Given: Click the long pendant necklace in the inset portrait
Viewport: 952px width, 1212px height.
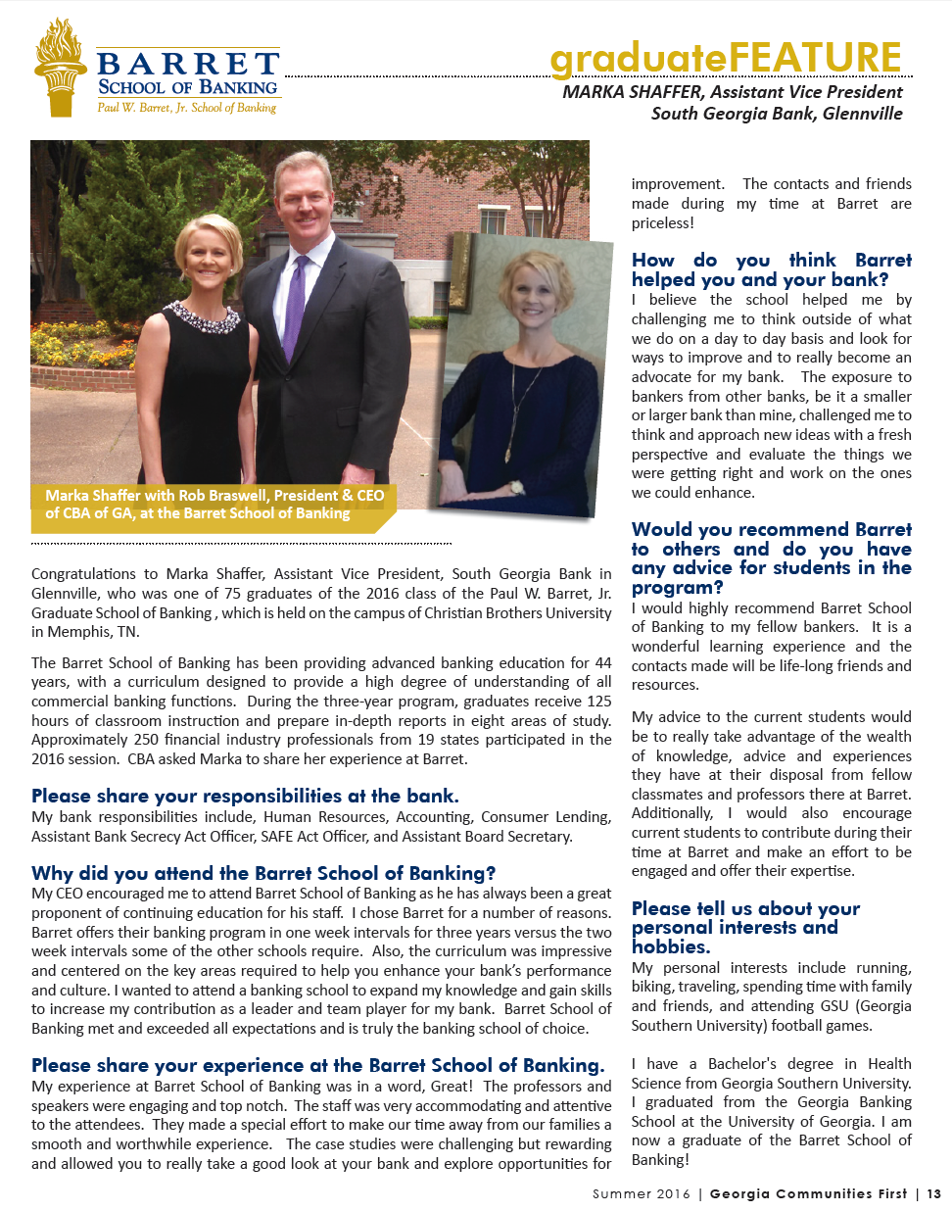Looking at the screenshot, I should [516, 412].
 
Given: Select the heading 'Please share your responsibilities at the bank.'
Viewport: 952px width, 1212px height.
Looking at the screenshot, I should [245, 796].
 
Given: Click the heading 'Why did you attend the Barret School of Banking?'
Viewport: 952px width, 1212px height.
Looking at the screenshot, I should [263, 873].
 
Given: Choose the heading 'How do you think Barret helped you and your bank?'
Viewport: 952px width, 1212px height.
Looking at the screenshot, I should [771, 269].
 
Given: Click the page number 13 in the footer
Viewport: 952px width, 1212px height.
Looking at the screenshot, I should [934, 1194].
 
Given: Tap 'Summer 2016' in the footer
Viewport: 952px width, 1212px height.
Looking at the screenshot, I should [641, 1194].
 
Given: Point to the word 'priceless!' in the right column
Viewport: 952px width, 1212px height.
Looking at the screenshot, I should [663, 223].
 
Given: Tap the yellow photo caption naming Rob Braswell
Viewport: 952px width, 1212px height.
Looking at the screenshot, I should [214, 505].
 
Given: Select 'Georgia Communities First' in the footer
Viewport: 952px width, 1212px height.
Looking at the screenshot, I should [808, 1194].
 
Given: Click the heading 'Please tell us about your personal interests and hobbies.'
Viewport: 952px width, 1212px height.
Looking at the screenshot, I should [745, 927].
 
